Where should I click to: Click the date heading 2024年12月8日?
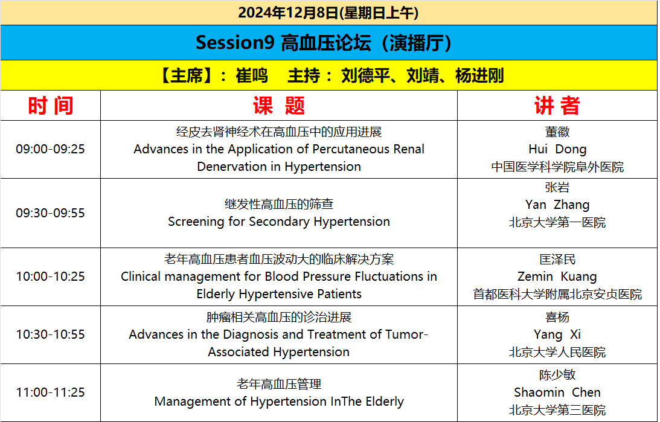tap(288, 13)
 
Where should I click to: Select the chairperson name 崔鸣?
tap(251, 75)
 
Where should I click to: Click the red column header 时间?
tap(51, 106)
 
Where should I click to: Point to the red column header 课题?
tap(278, 106)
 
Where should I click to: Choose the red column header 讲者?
tap(557, 106)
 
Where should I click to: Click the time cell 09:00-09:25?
tap(51, 149)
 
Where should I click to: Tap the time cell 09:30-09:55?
tap(51, 213)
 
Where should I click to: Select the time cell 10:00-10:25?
tap(51, 277)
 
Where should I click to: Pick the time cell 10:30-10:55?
tap(51, 334)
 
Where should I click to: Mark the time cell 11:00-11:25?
tap(51, 392)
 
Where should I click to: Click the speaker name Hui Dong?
tap(557, 149)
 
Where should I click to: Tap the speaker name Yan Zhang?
tap(557, 205)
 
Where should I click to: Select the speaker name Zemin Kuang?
tap(557, 277)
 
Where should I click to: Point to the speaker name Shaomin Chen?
tap(557, 392)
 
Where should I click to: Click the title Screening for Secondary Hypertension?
tap(278, 222)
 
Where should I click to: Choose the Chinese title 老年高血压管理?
tap(278, 384)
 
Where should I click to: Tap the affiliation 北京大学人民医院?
tap(557, 352)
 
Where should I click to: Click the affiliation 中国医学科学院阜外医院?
tap(557, 167)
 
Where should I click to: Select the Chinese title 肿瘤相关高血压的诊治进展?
tap(278, 317)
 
